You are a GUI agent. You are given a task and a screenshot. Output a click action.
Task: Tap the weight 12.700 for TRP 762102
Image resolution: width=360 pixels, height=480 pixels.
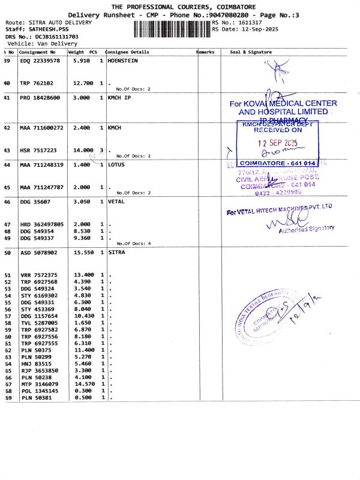83,83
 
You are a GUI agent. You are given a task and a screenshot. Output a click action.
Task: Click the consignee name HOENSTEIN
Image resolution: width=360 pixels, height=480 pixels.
122,61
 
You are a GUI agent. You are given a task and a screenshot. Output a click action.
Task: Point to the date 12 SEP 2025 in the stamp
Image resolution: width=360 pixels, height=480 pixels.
277,143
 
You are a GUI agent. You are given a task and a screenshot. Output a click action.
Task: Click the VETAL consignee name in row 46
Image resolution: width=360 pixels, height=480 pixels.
116,202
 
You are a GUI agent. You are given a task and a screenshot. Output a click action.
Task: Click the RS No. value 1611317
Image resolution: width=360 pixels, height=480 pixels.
250,22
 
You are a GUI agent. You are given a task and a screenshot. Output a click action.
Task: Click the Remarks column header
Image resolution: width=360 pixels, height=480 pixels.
205,52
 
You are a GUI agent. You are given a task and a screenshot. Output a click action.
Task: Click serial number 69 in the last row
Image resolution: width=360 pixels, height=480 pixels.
8,398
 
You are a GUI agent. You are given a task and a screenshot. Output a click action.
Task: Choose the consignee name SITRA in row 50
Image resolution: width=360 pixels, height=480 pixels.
116,253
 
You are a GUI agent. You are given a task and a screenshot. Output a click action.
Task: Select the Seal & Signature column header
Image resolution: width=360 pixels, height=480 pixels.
251,52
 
